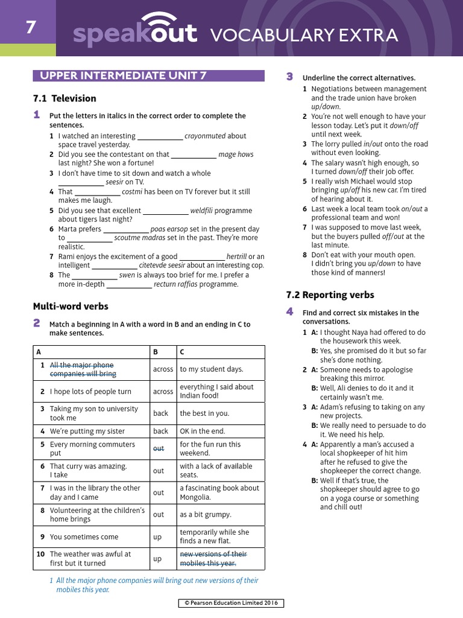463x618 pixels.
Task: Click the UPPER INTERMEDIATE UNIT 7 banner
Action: click(x=148, y=75)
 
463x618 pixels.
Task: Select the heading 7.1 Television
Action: click(x=65, y=98)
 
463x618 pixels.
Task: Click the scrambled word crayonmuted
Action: click(x=205, y=136)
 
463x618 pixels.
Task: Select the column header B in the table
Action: click(x=156, y=351)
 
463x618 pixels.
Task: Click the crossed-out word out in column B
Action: click(x=158, y=448)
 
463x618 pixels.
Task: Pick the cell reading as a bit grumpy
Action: click(x=205, y=514)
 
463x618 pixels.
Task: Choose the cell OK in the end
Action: click(x=201, y=431)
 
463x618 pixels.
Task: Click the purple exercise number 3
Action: click(x=289, y=77)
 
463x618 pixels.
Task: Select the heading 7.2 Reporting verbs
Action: click(x=330, y=295)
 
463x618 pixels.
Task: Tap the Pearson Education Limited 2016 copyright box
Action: click(x=231, y=603)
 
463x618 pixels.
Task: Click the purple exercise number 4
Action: click(x=289, y=311)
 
